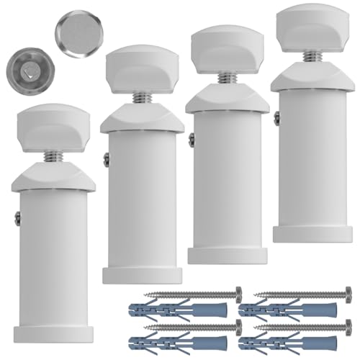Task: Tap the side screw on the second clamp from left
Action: click(106, 160)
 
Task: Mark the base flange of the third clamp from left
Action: click(227, 254)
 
